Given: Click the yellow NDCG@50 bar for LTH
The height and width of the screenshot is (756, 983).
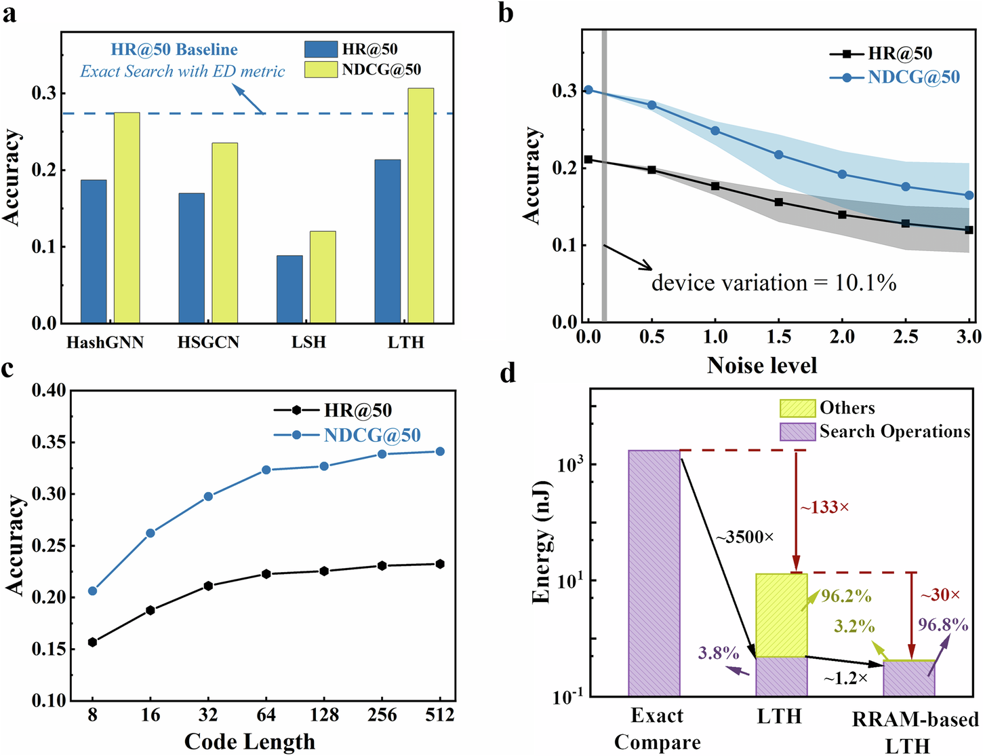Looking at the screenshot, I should point(420,206).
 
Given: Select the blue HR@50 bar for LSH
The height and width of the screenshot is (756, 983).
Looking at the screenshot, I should point(289,289).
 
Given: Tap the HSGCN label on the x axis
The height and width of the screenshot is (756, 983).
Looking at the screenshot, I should point(208,342).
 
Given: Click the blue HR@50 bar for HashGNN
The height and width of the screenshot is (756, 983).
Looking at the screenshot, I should point(94,251).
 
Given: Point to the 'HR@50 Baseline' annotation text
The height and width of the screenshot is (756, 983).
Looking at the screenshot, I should point(174,50).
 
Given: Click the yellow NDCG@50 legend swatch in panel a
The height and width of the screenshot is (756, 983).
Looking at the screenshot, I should point(321,70).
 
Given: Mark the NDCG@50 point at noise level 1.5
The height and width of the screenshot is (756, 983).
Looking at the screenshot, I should point(778,155).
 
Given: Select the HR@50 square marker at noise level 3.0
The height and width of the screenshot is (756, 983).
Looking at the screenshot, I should point(969,230).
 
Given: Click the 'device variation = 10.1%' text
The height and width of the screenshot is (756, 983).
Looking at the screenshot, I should point(774,283).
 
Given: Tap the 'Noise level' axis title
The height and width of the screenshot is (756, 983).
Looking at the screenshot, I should point(761,365).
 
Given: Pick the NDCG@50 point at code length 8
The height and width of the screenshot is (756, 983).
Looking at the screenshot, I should point(93,591).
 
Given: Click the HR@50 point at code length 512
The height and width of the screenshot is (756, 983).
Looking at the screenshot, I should point(440,564).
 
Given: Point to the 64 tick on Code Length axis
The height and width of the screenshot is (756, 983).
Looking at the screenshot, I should point(266,715).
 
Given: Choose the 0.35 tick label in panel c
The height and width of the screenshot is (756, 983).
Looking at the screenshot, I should point(49,442).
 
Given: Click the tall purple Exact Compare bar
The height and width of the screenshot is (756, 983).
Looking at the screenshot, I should point(654,573).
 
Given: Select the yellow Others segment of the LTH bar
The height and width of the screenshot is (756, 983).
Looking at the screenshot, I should point(782,615).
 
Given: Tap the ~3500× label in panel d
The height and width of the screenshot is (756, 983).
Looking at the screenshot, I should point(744,537).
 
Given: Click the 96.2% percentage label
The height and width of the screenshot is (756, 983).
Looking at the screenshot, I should point(846,596).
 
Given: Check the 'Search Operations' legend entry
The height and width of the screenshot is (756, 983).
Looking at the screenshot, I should point(894,432).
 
